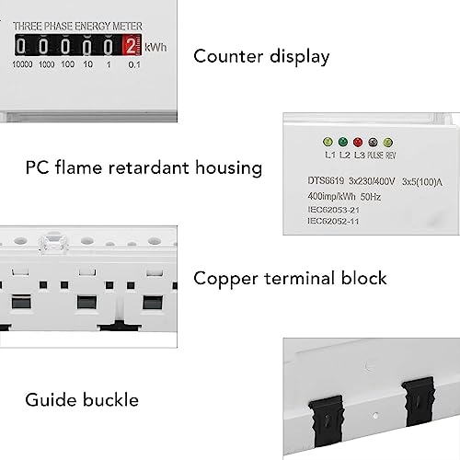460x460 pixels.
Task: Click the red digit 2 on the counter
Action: [131, 46]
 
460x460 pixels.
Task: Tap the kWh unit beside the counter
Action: [155, 48]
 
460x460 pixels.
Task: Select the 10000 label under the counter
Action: [22, 64]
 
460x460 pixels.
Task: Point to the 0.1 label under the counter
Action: [134, 64]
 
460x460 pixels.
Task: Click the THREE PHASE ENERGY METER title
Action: [77, 27]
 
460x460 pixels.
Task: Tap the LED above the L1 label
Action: [328, 142]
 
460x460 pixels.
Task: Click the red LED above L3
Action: [358, 142]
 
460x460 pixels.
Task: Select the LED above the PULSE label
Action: [373, 142]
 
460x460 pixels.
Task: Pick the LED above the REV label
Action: [388, 143]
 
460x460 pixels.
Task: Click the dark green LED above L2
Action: [343, 142]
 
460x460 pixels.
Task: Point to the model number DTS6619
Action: [326, 180]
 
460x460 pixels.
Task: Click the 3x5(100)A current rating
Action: [422, 182]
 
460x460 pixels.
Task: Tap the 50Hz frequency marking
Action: [371, 197]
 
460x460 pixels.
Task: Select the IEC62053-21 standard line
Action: [333, 210]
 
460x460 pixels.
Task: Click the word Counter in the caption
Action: [228, 56]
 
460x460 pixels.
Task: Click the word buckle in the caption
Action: [110, 400]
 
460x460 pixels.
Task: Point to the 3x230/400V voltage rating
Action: [372, 181]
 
